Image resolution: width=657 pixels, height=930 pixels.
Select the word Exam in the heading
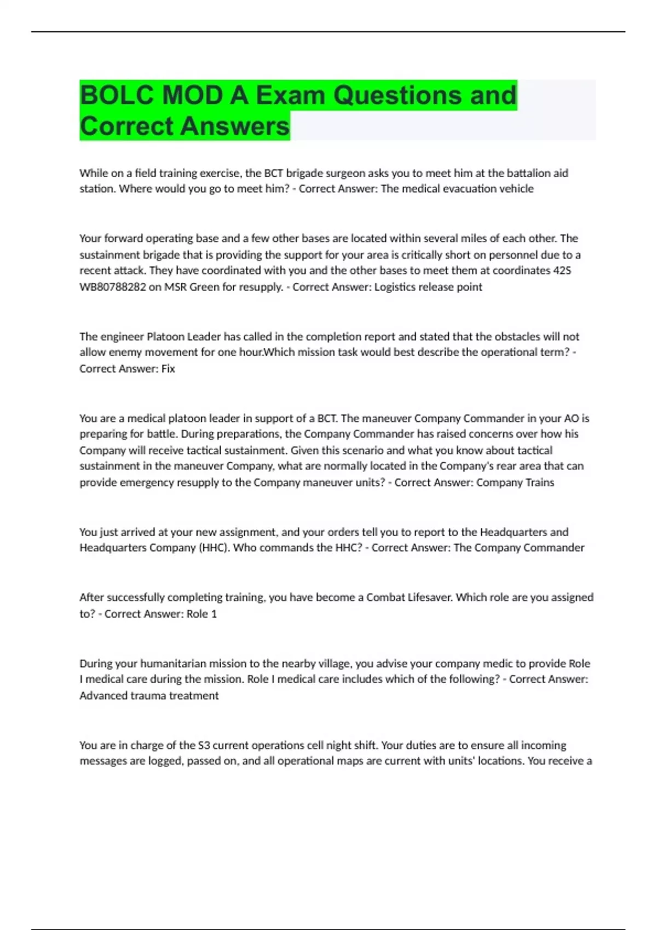point(290,96)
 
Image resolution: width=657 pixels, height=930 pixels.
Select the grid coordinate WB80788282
point(113,287)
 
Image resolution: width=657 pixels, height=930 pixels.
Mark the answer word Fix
point(168,369)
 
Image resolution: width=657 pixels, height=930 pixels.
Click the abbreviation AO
point(571,419)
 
